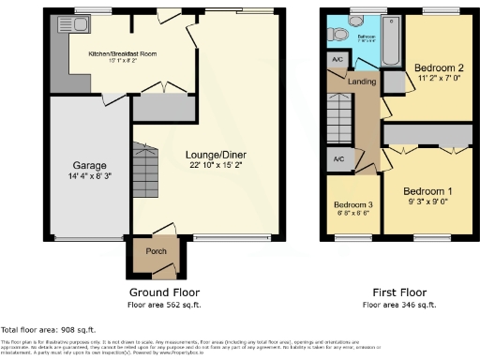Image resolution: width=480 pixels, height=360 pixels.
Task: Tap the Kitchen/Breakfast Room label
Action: pos(123,54)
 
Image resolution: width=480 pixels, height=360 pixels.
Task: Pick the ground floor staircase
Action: pos(145,174)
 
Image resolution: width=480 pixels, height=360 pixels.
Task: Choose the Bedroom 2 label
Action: pos(440,68)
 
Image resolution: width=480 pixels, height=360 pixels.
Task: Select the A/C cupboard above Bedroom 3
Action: pos(338,158)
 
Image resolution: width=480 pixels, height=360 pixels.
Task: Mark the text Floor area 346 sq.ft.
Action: pos(399,305)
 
